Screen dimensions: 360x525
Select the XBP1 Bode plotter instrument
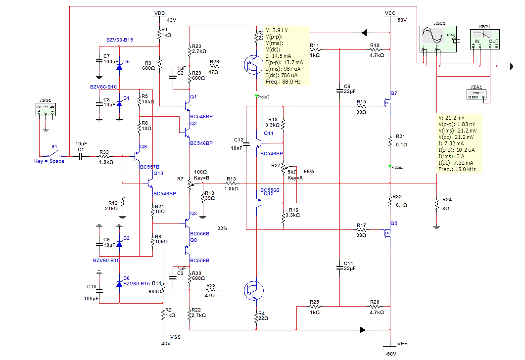pyautogui.click(x=484, y=38)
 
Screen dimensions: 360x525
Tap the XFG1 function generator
pyautogui.click(x=46, y=109)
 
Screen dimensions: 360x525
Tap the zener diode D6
pyautogui.click(x=119, y=283)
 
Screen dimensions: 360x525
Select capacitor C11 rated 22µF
pyautogui.click(x=339, y=267)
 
